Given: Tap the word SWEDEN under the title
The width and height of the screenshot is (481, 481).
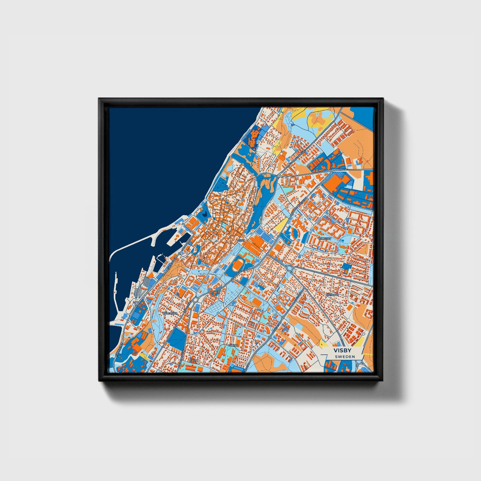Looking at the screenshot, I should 345,357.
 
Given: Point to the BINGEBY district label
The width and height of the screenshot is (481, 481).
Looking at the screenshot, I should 325,239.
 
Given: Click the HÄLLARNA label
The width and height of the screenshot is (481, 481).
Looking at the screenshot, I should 170,313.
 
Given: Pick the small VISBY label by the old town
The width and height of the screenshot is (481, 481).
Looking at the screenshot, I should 240,240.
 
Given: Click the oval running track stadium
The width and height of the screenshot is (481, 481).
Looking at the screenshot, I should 238,266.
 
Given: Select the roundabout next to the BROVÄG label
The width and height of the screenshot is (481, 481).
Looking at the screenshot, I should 331,171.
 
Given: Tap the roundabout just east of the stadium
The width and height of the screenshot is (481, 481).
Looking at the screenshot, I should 289,268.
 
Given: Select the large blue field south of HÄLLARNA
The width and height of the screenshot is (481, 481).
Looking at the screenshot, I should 175,340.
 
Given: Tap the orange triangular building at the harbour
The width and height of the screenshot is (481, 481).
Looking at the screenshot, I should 150,274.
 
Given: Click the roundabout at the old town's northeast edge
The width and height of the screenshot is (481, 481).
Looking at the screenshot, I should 278,175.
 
